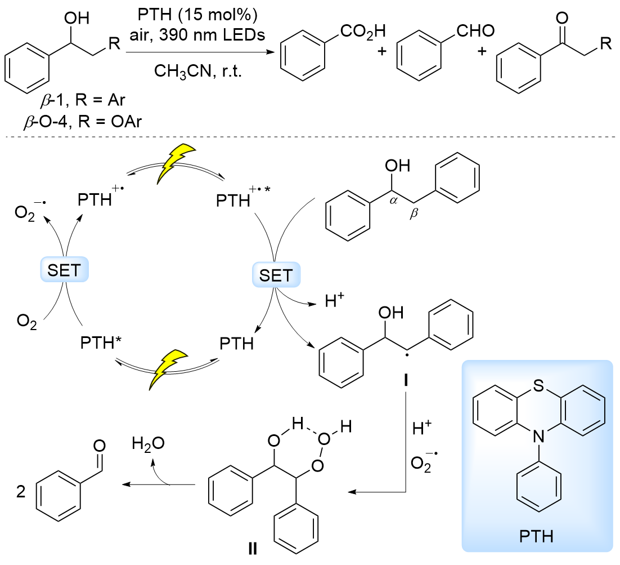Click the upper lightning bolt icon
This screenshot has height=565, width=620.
pyautogui.click(x=176, y=164)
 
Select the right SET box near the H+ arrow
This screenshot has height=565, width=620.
pyautogui.click(x=276, y=275)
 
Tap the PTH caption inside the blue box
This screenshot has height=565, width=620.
pyautogui.click(x=537, y=535)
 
